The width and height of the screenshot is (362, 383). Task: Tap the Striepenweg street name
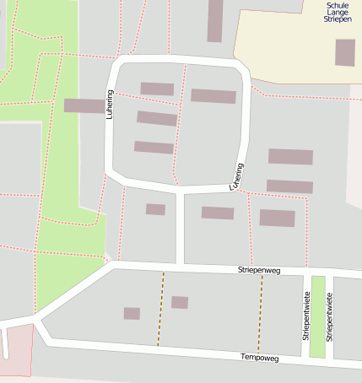tap(258, 271)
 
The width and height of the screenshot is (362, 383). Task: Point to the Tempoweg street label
tap(259, 358)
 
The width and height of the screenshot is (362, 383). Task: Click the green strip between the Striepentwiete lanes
tap(317, 316)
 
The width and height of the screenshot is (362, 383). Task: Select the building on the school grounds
tap(345, 52)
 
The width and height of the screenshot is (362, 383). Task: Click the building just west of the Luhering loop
tap(84, 105)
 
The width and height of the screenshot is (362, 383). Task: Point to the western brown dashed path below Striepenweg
tap(160, 309)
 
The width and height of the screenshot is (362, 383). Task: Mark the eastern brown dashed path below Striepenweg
tap(261, 309)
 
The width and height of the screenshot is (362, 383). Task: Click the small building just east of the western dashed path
tap(180, 302)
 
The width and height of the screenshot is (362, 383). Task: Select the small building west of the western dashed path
tap(132, 313)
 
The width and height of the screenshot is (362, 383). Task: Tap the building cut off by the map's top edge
tap(215, 20)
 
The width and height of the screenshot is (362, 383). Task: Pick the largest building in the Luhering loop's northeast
tap(213, 96)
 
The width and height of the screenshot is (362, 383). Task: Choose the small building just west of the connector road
tap(155, 209)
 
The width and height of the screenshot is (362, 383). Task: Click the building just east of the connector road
tap(218, 213)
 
